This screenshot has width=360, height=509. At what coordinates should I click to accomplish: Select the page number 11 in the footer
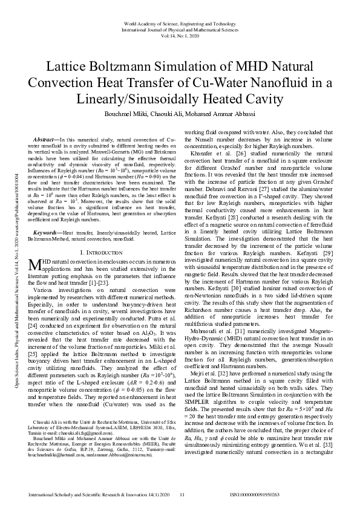coord(182,495)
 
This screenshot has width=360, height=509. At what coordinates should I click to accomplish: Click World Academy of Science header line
coord(180,23)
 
